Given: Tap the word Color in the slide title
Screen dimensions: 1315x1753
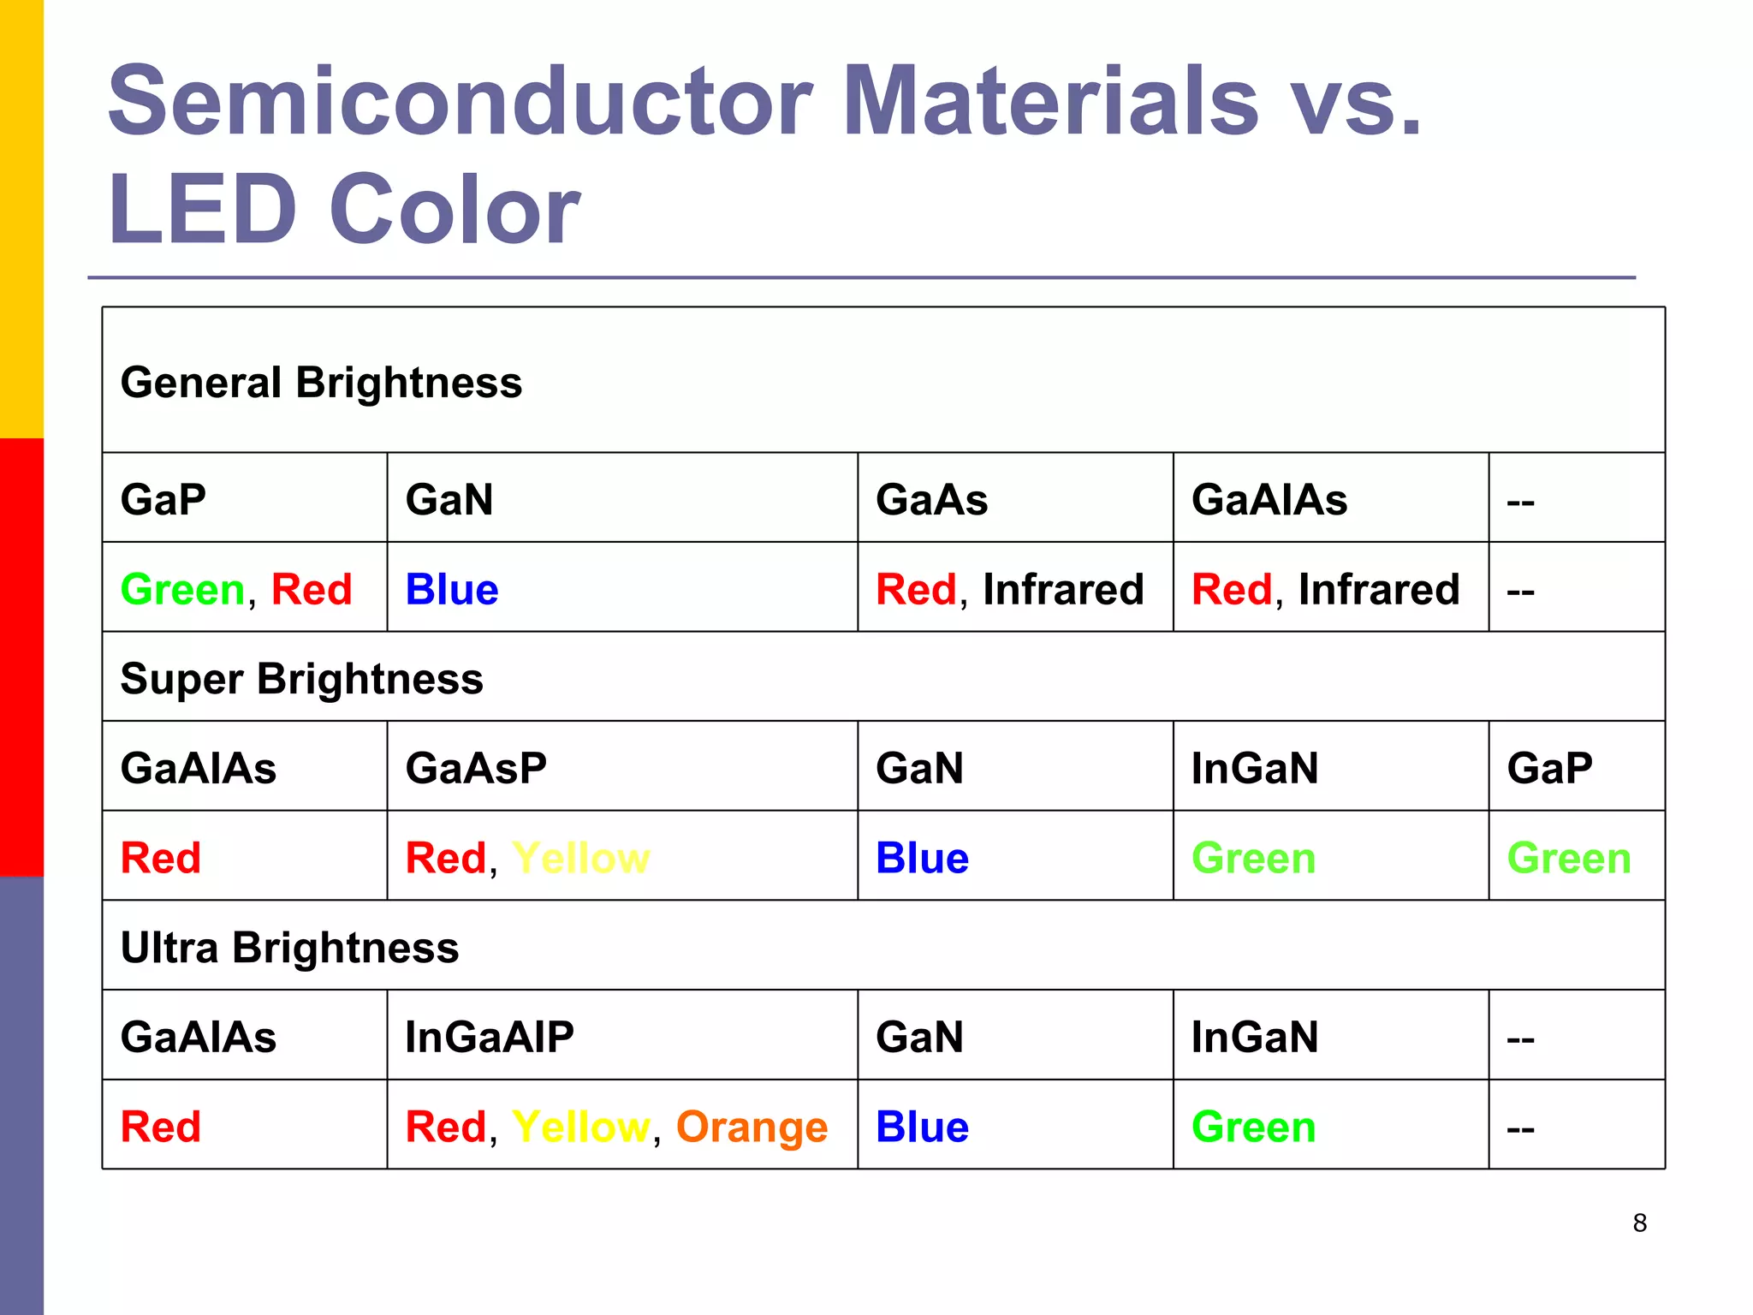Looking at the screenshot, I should [x=455, y=210].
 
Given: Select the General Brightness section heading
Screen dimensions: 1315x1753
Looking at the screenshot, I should [x=321, y=382].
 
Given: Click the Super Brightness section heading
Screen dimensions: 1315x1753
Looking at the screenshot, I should [x=301, y=678].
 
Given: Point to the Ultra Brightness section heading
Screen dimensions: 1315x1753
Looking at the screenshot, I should [x=289, y=947].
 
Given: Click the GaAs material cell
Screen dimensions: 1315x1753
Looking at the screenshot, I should [x=931, y=499].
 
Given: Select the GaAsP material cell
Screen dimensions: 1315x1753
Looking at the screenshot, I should [x=476, y=767].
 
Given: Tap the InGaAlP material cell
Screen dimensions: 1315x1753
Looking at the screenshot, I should [x=489, y=1036].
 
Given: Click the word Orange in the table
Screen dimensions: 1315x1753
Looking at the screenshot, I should [x=752, y=1127].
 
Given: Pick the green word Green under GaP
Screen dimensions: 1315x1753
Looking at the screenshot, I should [x=182, y=589].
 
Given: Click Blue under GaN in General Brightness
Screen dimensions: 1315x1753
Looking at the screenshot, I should [x=451, y=589].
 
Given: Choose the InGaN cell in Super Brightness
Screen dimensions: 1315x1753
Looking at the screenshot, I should [x=1254, y=767].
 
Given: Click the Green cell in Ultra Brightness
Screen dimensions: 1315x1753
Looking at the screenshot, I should [x=1253, y=1127].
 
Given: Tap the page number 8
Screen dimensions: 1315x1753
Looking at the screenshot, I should [x=1639, y=1223].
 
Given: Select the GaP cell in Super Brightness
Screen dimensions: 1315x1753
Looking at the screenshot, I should [x=1549, y=767].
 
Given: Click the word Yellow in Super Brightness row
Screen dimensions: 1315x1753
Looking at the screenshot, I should [x=580, y=858].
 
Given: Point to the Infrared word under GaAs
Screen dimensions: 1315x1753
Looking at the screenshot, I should [x=1062, y=589].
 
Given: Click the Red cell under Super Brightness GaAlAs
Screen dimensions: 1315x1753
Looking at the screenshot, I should [x=161, y=858].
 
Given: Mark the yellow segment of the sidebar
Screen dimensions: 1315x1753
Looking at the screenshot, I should [x=21, y=218].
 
